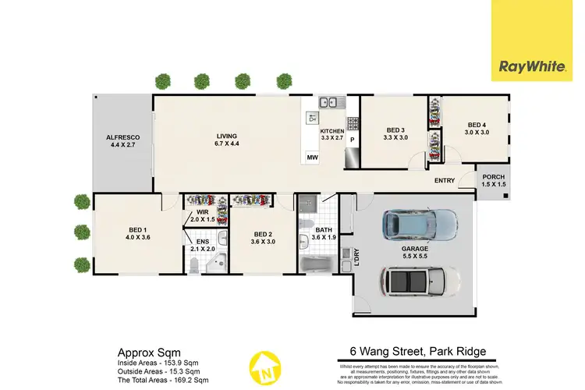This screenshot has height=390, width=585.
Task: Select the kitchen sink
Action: click(x=332, y=101)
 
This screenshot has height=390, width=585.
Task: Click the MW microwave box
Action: click(x=312, y=158)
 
